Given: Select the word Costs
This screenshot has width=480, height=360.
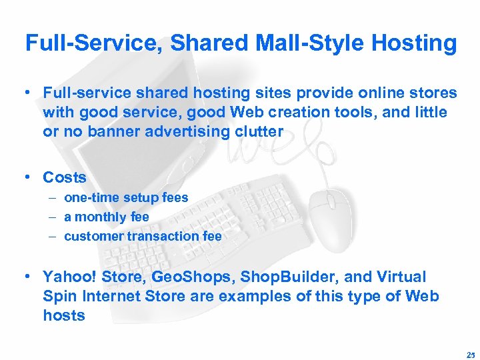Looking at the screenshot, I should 65,178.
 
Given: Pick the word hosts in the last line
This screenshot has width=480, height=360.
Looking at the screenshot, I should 64,315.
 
